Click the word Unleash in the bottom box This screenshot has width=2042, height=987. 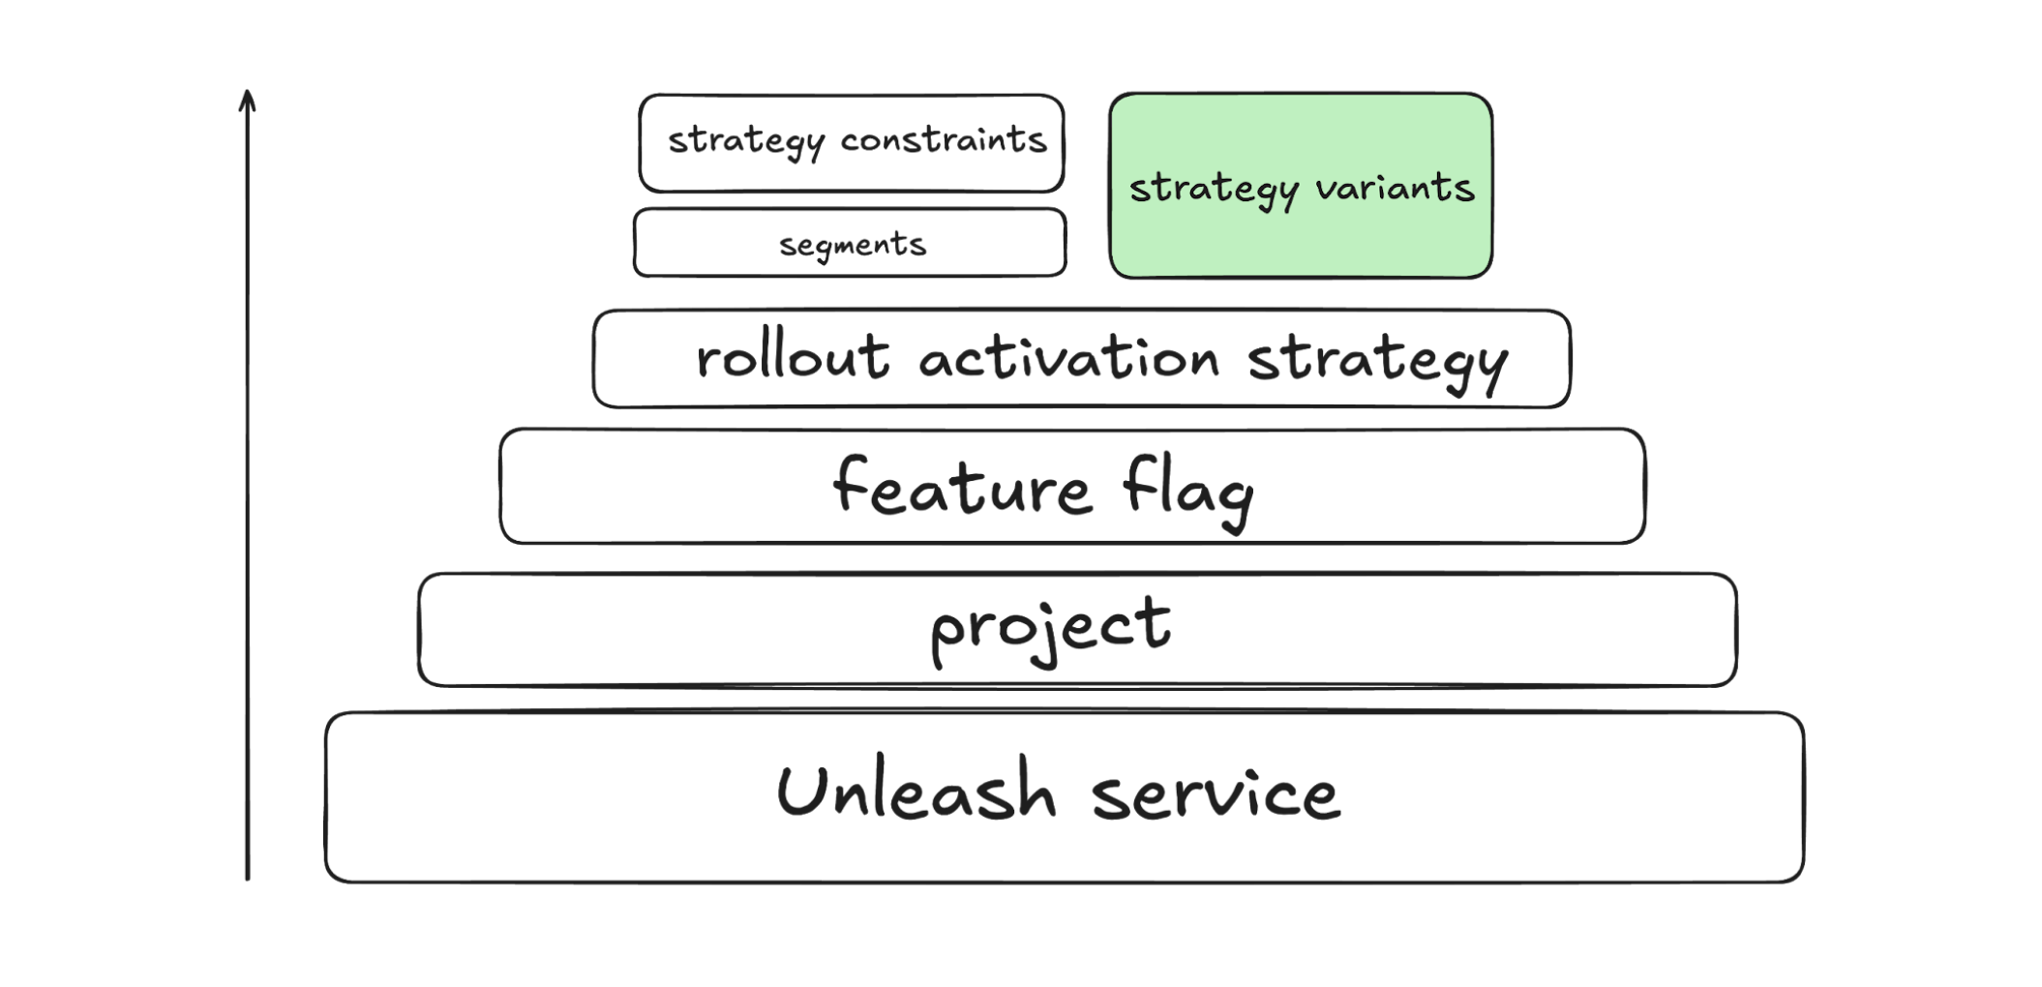click(x=916, y=792)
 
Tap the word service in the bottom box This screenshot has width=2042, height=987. click(x=1216, y=795)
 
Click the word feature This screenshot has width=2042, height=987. click(x=962, y=486)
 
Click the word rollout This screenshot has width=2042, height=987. click(x=793, y=357)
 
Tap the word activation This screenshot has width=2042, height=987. click(x=1068, y=358)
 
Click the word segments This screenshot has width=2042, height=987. click(x=853, y=245)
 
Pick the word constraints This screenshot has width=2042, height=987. click(x=944, y=140)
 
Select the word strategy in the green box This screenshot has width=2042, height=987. click(x=1214, y=190)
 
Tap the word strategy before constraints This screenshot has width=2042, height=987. click(x=746, y=142)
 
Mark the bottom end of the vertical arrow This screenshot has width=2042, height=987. click(x=248, y=878)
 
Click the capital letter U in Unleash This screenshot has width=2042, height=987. click(x=798, y=791)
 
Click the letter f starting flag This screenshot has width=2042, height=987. click(x=1136, y=484)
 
